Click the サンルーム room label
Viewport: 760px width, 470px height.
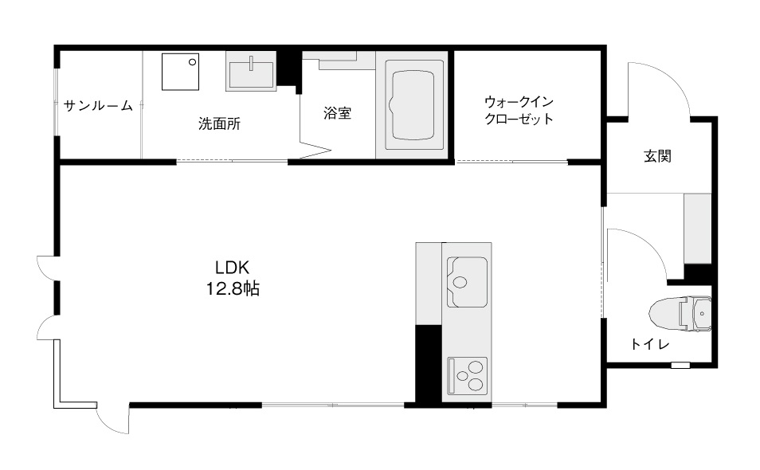coord(99,106)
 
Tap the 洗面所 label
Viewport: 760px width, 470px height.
coord(219,124)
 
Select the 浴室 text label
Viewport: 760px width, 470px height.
coord(337,113)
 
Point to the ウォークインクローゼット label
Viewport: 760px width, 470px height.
coord(519,111)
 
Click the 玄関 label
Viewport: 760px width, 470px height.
coord(658,156)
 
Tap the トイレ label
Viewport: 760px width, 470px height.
coord(650,344)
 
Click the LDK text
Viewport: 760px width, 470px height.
coord(232,268)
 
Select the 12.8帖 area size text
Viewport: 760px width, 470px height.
coord(233,289)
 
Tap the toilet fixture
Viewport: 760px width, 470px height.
coord(680,314)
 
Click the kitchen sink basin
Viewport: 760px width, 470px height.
coord(468,282)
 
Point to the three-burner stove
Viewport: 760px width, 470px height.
coord(468,376)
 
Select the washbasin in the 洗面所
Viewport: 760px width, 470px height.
coord(251,72)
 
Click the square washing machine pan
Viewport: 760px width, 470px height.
coord(180,72)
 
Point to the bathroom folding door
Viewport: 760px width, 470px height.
coord(314,148)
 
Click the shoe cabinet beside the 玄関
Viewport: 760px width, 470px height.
coord(697,229)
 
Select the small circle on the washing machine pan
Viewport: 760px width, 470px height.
coord(193,62)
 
